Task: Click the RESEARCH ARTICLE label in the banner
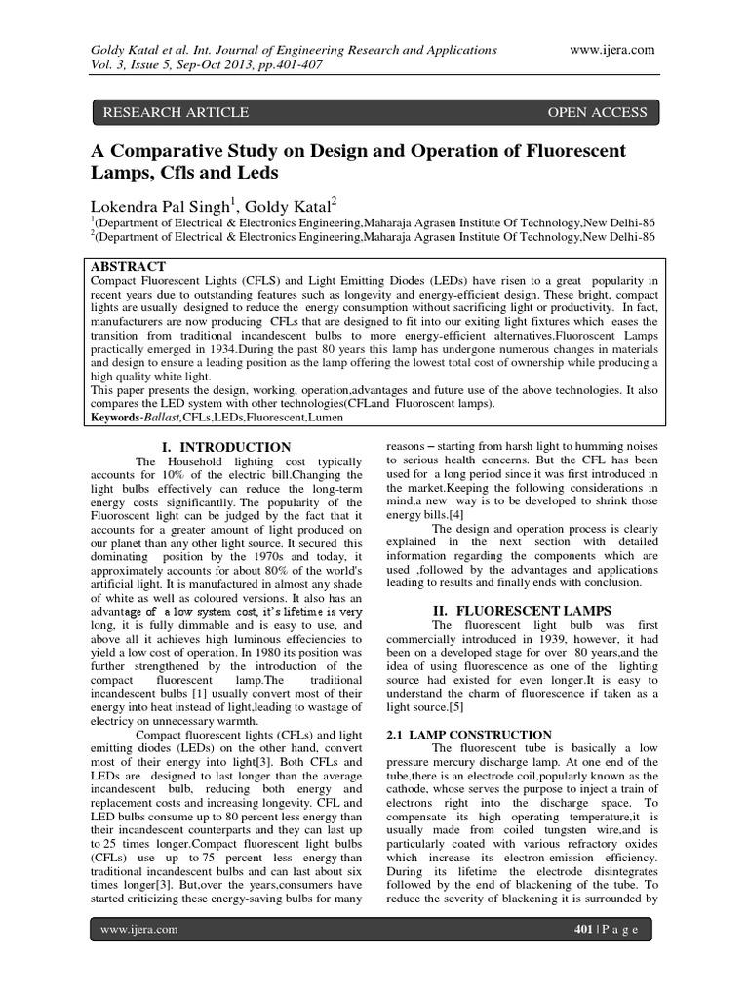click(176, 113)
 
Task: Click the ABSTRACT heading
click(128, 266)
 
